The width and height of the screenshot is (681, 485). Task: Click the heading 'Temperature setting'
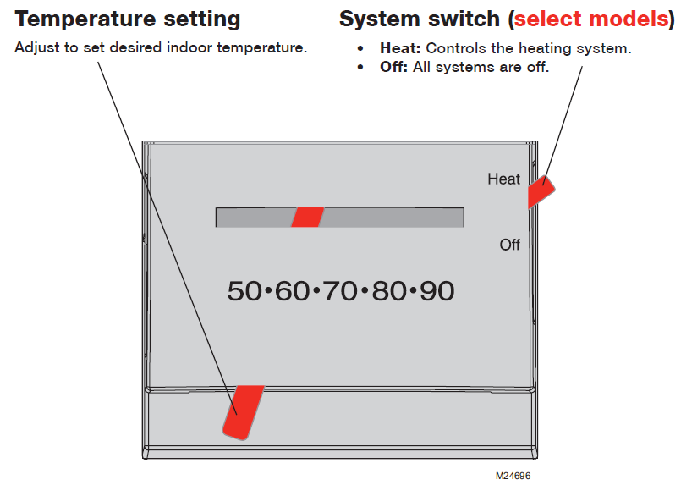click(127, 19)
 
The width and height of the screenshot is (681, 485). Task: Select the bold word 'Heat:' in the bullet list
click(400, 48)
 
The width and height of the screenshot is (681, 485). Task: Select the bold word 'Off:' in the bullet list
click(394, 67)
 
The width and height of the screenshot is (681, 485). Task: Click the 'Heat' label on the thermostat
click(503, 179)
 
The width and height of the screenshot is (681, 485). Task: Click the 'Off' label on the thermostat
click(509, 245)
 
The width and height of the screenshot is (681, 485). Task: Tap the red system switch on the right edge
click(538, 191)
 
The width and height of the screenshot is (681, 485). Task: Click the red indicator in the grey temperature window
click(307, 218)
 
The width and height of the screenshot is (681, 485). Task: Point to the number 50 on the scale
click(244, 291)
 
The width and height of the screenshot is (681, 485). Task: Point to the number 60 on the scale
click(293, 291)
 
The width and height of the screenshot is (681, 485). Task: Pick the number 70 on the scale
click(340, 291)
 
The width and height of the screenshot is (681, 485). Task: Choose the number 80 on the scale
click(388, 291)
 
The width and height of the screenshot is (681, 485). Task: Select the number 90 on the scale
click(437, 291)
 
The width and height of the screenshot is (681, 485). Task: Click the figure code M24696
click(513, 476)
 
